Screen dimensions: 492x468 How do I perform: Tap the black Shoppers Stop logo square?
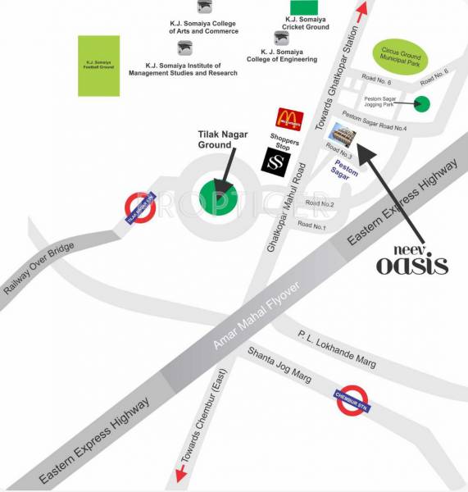(x=275, y=160)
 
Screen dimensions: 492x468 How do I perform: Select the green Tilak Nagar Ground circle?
(x=219, y=198)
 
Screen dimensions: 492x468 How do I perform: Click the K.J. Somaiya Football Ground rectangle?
(x=98, y=65)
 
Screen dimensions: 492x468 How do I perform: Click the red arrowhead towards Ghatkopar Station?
(x=361, y=10)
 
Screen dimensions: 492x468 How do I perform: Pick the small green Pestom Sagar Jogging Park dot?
(x=421, y=103)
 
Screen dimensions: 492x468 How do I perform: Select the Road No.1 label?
(x=312, y=225)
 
